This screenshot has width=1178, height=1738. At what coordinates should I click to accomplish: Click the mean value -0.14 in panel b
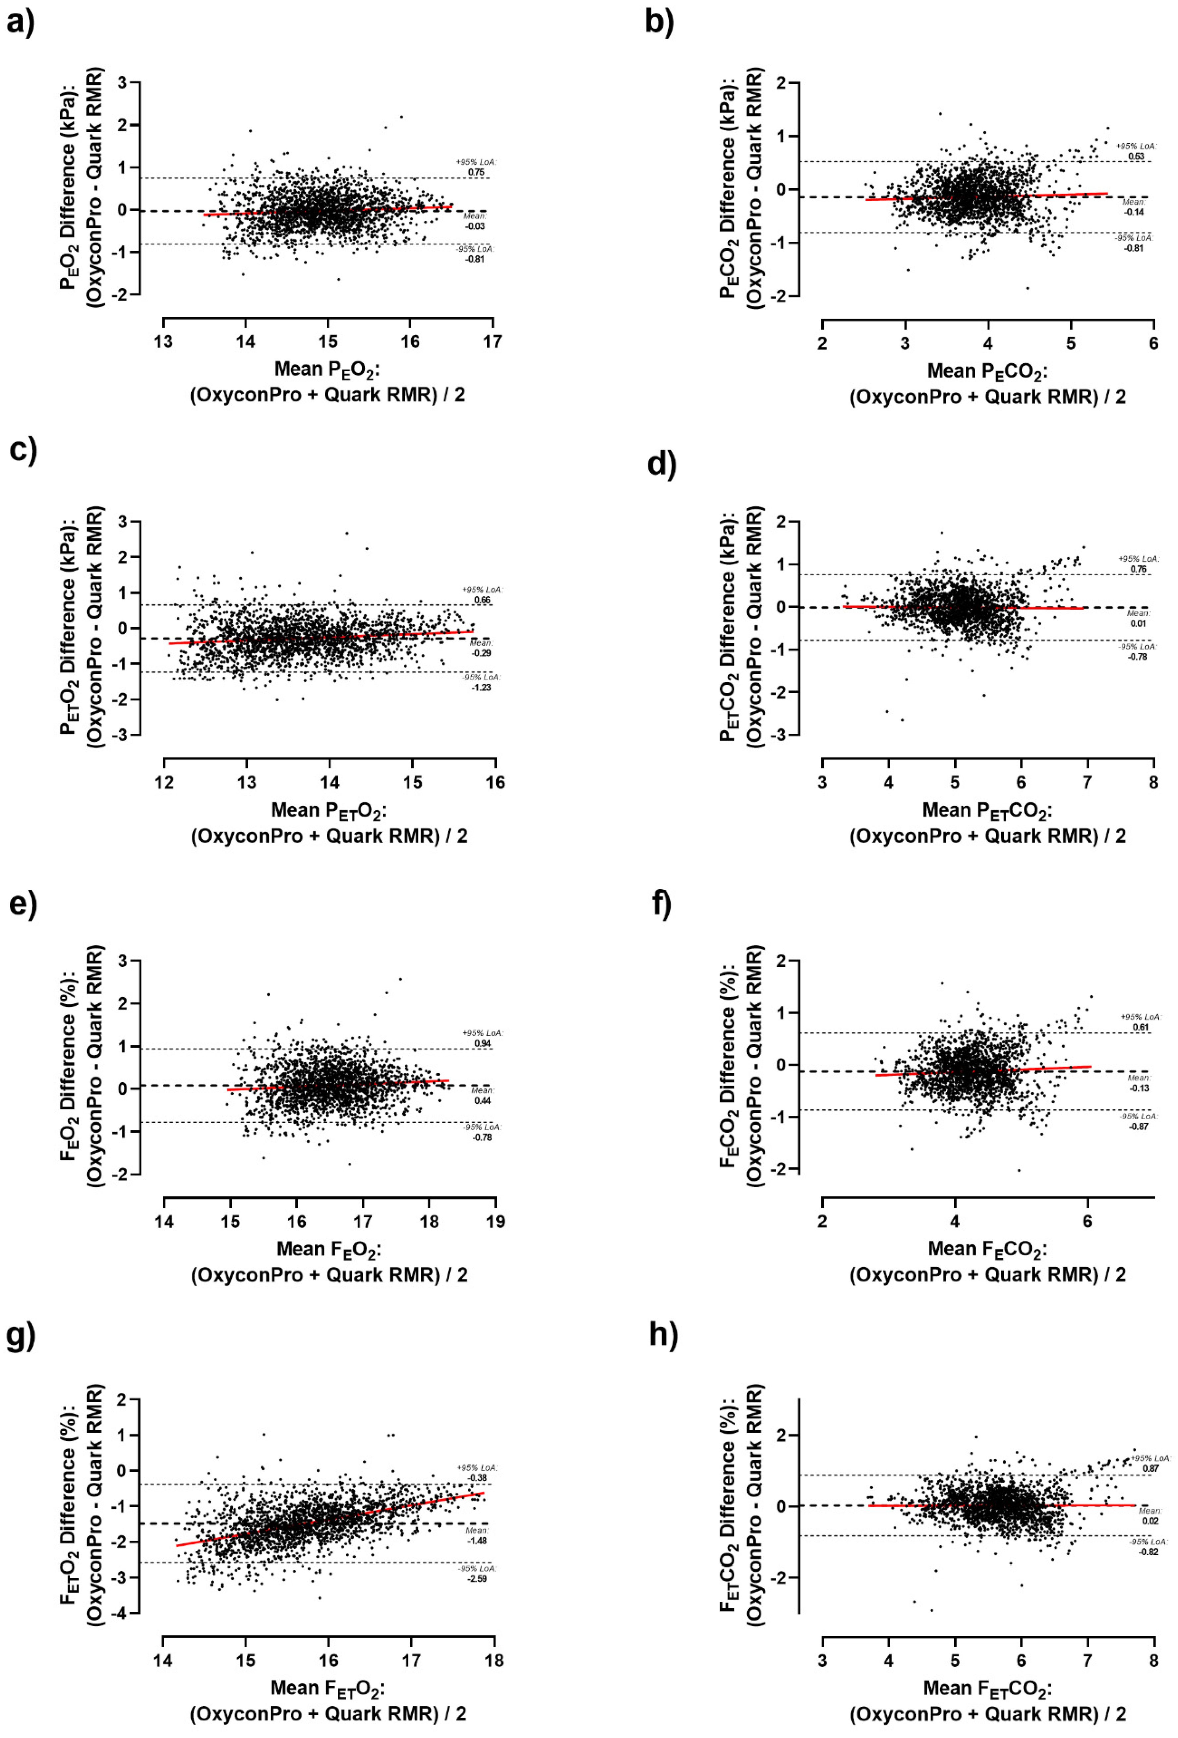pos(1134,212)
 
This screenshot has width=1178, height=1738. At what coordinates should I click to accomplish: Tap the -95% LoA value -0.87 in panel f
pos(1138,1126)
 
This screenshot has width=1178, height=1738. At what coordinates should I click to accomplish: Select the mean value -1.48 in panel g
pos(477,1541)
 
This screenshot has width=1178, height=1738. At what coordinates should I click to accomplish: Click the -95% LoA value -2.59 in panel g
pos(477,1579)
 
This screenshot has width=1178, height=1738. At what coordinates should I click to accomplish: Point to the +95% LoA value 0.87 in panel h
pos(1150,1468)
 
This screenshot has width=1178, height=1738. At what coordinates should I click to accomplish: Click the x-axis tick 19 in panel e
pos(495,1221)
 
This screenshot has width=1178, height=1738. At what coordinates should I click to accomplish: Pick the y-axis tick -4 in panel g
pos(121,1613)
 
